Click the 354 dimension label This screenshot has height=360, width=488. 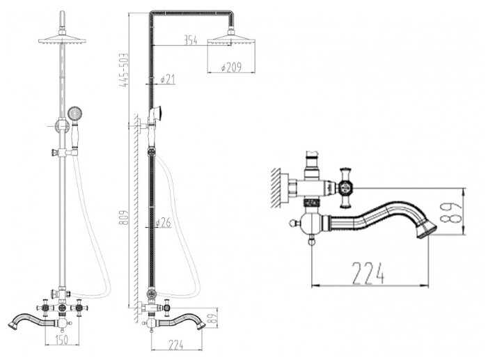click(x=191, y=40)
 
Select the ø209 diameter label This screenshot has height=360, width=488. click(x=231, y=68)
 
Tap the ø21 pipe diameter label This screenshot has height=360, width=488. click(x=168, y=79)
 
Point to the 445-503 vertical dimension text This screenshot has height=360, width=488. click(x=124, y=70)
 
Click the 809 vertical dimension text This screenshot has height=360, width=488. click(x=124, y=218)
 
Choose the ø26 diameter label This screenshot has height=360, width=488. click(x=164, y=222)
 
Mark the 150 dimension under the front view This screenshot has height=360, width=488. click(x=61, y=340)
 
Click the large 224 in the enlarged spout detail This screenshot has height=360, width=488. click(x=368, y=274)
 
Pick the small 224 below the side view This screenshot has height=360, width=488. click(x=176, y=345)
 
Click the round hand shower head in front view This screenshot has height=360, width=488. click(x=74, y=113)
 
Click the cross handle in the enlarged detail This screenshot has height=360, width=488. click(x=346, y=188)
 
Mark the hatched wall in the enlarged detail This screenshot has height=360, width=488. click(x=276, y=188)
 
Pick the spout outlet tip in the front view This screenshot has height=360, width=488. click(x=13, y=325)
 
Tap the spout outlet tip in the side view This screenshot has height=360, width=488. click(x=201, y=325)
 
